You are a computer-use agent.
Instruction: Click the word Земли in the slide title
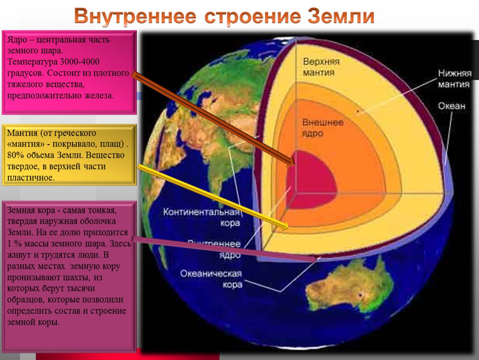click(340, 17)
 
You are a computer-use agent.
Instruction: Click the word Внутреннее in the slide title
click(135, 17)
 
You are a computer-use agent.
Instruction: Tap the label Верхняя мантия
click(321, 67)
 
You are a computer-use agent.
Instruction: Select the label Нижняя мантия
click(454, 79)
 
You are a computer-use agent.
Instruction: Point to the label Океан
click(452, 106)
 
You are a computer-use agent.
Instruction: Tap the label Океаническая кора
click(211, 279)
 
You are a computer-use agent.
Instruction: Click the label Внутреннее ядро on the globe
click(215, 249)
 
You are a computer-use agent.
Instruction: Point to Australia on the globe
click(350, 287)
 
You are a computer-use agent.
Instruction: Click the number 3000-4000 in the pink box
click(80, 62)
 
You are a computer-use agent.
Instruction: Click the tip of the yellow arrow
click(287, 227)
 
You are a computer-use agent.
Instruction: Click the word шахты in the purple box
click(74, 277)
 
